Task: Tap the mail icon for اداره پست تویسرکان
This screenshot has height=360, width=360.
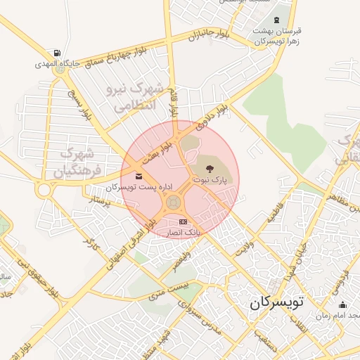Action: click(x=138, y=175)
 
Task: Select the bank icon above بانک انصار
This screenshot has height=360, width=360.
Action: click(x=184, y=221)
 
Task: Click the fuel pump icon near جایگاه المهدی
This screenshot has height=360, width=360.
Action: click(x=56, y=53)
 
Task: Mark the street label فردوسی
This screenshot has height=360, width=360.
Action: click(x=345, y=271)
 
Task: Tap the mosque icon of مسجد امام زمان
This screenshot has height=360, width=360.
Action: click(x=342, y=304)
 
